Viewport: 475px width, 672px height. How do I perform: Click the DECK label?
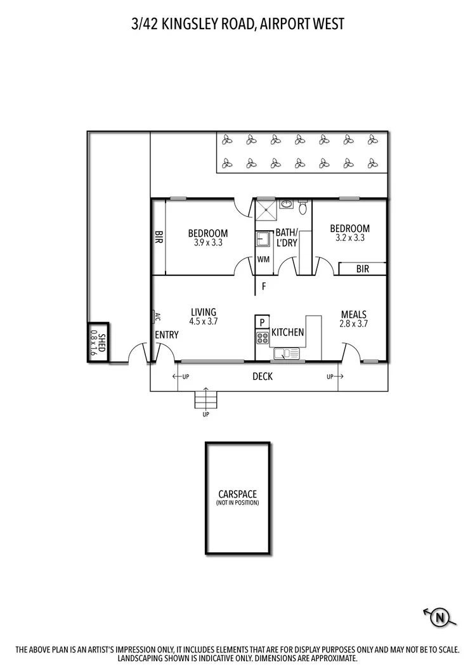(x=263, y=377)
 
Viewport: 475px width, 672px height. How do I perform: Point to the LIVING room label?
(x=204, y=312)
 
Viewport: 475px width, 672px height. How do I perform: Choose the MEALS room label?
(x=354, y=314)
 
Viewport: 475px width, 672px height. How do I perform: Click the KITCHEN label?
(x=288, y=332)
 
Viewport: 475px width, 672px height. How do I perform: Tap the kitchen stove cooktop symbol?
(x=263, y=338)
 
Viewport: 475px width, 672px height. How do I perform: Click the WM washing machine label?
(x=263, y=259)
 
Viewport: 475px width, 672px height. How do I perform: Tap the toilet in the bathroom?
(x=303, y=207)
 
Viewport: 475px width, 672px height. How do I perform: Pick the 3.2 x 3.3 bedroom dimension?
(x=349, y=238)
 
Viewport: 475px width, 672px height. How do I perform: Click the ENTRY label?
(x=167, y=335)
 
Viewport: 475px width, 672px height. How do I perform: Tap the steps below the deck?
(x=205, y=399)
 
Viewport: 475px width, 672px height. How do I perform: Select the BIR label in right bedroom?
(x=362, y=269)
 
